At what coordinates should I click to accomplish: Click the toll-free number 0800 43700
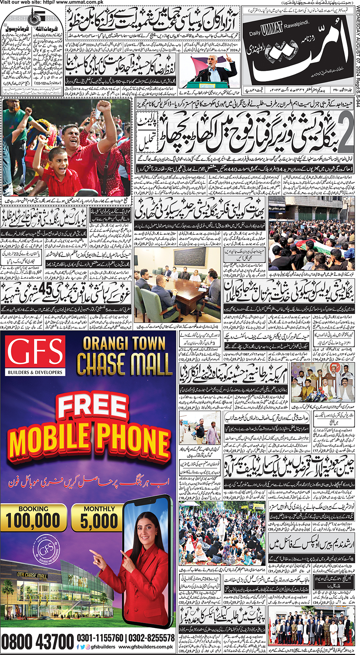37,642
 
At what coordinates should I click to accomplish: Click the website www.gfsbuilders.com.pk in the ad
146,647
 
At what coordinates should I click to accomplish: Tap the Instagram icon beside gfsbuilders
87,647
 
